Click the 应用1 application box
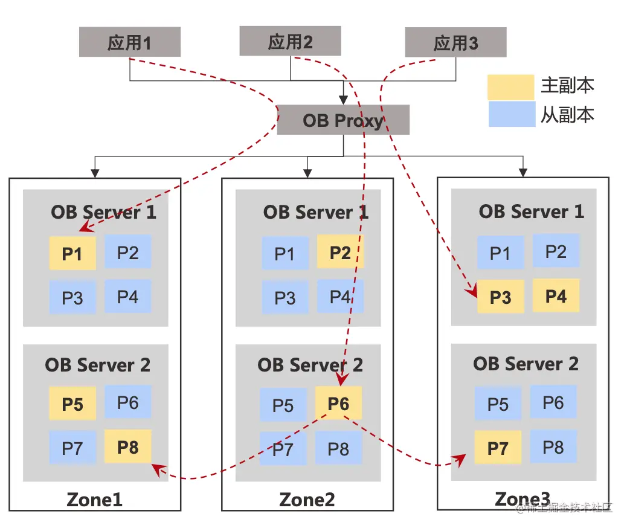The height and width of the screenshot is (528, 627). click(129, 42)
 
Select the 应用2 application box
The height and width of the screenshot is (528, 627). click(290, 41)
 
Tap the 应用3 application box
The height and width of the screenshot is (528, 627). click(455, 43)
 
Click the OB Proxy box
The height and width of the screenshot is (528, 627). click(343, 120)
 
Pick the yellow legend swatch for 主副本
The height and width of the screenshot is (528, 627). click(511, 86)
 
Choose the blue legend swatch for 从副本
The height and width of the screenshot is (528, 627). click(511, 114)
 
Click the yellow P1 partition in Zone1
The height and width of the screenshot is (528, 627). click(72, 253)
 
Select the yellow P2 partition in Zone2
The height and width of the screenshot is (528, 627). click(340, 252)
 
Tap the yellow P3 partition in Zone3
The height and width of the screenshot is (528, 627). click(500, 297)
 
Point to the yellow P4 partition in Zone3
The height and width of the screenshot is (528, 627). click(556, 295)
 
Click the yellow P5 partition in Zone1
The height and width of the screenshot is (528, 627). click(72, 403)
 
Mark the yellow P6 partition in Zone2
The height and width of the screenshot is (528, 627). click(338, 403)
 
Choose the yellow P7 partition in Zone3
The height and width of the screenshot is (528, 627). click(498, 448)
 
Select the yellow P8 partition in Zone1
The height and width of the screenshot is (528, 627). click(128, 446)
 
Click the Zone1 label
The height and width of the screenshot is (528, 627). click(94, 500)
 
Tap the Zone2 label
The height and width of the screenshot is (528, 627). click(307, 500)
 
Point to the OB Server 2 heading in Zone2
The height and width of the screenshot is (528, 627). click(310, 365)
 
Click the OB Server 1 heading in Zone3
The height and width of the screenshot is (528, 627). click(532, 211)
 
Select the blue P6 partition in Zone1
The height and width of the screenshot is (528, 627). click(128, 402)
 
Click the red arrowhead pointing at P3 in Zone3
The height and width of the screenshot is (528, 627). click(471, 292)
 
